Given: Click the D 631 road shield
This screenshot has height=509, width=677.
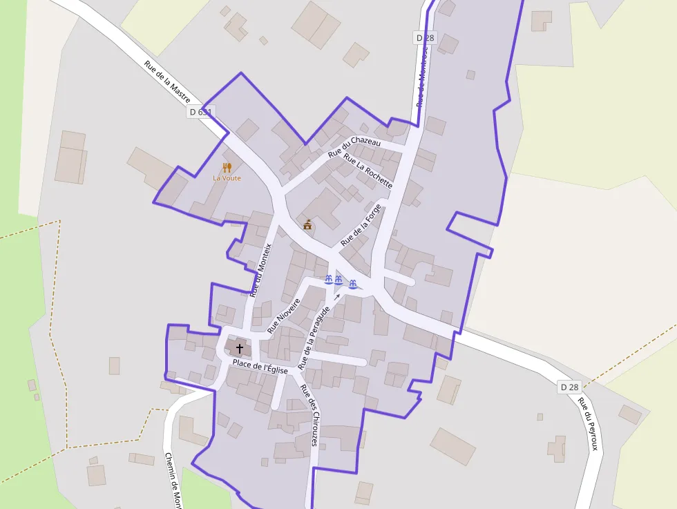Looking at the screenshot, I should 200,112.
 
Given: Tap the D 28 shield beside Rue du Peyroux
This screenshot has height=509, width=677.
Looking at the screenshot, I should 569,387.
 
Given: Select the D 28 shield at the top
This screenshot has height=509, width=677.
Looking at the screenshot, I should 426,37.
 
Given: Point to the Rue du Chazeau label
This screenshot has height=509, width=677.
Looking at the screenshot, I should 354,146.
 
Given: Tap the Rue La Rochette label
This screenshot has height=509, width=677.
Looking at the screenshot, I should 368,171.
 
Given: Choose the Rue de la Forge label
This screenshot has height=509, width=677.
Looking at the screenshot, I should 361,225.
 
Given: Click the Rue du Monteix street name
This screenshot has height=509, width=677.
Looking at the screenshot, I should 260,270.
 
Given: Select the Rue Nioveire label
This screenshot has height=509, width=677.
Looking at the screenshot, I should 283,316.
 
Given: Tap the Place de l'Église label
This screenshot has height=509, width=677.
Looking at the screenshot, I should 260,367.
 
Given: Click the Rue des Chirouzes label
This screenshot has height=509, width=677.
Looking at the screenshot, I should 308,414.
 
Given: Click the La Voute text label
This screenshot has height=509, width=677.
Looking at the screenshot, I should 227,177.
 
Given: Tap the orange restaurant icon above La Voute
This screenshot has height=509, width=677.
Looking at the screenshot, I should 227,167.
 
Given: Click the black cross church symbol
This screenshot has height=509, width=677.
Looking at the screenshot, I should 240,349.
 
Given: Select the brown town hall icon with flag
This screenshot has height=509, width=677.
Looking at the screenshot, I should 307,224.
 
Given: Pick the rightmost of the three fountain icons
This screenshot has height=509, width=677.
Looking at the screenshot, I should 353,283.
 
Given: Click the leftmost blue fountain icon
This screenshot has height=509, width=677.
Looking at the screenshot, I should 329,279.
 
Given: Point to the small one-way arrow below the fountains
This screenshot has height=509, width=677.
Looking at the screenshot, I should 337,297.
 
